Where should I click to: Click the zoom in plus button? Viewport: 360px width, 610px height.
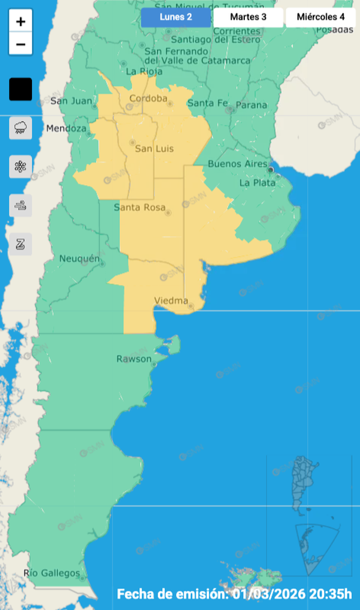click(x=21, y=22)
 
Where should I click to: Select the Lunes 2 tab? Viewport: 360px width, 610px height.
click(x=176, y=17)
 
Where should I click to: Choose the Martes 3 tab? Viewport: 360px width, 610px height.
click(x=248, y=17)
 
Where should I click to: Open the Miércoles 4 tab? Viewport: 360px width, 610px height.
click(x=320, y=17)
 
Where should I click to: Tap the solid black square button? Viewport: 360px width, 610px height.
click(x=21, y=90)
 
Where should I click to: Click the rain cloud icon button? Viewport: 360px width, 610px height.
click(x=21, y=127)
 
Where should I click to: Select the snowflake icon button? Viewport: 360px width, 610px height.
click(x=21, y=166)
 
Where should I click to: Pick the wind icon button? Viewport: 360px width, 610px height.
click(x=21, y=205)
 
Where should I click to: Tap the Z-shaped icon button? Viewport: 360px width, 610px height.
click(x=21, y=244)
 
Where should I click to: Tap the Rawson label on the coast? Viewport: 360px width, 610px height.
click(x=134, y=359)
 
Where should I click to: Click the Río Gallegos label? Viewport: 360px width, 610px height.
click(x=51, y=573)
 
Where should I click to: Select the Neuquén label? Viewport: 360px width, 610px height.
click(x=77, y=258)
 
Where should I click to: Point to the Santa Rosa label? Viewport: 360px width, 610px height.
click(x=139, y=207)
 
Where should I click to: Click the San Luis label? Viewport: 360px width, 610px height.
click(x=154, y=149)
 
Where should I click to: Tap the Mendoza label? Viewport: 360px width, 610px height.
click(x=66, y=128)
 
